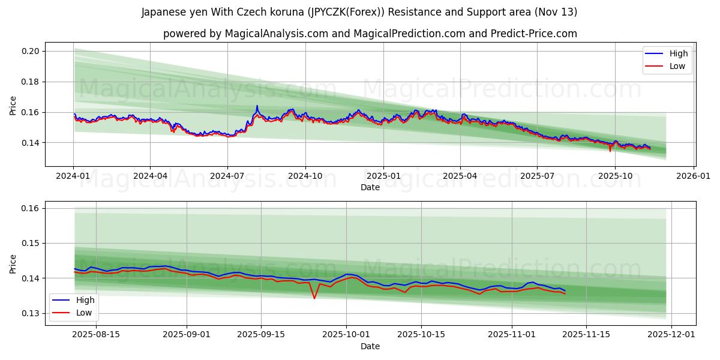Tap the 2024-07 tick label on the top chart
227,176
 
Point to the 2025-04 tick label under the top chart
460,176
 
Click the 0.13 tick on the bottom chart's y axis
31,313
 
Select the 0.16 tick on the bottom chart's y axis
31,208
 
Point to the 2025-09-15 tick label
261,335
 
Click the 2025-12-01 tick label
671,335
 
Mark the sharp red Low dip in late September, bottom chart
314,298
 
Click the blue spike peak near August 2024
257,106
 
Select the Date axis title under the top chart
370,187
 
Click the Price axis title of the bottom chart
13,263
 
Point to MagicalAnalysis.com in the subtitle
277,34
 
